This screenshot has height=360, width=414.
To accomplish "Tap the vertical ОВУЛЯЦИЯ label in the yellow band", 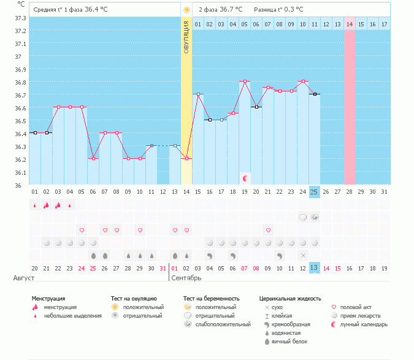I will (x=186, y=37).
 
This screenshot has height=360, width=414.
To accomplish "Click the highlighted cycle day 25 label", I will (x=314, y=192).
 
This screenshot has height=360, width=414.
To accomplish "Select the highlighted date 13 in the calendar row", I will (x=314, y=268).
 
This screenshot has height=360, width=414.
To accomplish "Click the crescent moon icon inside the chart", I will (x=245, y=178).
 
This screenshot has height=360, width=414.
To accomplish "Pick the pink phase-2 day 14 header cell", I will (x=350, y=24).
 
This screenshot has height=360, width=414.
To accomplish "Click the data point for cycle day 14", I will (x=186, y=158).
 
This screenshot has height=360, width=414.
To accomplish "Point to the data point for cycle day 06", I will (x=93, y=158).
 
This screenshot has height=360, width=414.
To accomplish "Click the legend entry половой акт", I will (x=355, y=307).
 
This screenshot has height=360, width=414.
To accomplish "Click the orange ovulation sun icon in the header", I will (x=186, y=10).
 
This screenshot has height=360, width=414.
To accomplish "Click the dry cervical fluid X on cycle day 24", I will (x=302, y=255).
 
